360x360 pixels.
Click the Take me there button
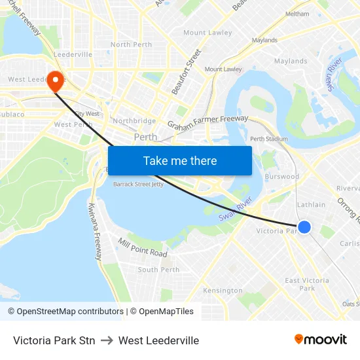point(180,160)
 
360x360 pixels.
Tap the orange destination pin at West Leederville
point(55,81)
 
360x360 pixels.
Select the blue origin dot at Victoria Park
point(304,227)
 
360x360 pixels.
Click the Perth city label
point(145,137)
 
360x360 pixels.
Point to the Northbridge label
point(134,121)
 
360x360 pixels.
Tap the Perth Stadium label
point(269,139)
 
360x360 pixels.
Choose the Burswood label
point(282,177)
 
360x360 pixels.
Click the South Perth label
point(158,270)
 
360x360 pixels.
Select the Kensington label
point(223,291)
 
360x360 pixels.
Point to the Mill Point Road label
point(143,247)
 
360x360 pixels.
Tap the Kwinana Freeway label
point(95,231)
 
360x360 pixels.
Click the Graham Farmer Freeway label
point(207,122)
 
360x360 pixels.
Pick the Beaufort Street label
point(186,72)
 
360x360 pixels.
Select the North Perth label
point(131,45)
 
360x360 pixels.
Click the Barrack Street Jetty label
point(138,185)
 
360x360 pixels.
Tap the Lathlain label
point(311,205)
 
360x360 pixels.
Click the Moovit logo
point(321,339)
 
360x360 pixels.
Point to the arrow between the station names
point(107,340)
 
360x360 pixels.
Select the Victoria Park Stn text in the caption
point(54,340)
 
